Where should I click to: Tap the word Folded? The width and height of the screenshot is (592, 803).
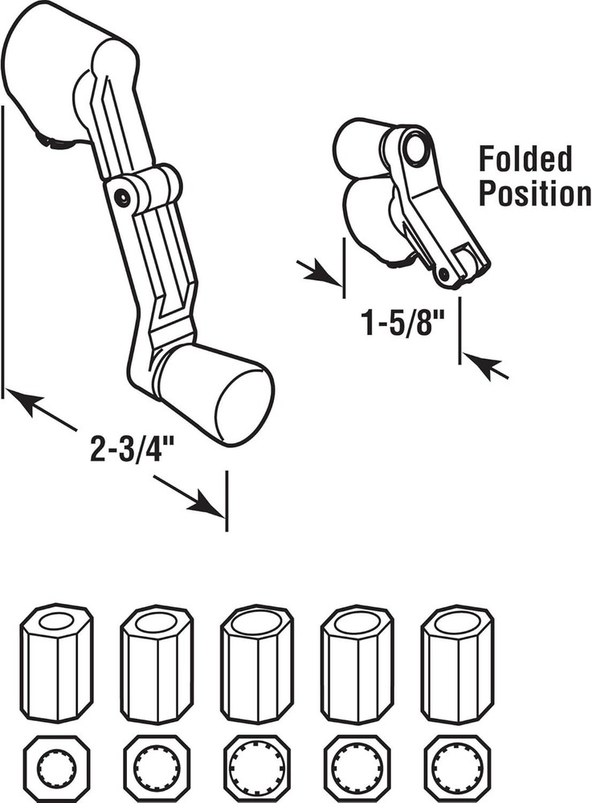525,159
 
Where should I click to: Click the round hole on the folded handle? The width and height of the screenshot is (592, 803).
415,149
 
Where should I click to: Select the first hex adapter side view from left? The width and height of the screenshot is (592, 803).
56,662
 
